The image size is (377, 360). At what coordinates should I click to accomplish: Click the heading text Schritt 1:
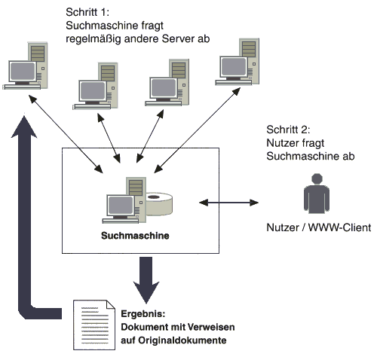[87, 12]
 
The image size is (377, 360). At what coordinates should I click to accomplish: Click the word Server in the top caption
[176, 38]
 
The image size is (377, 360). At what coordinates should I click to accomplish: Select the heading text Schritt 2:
[288, 130]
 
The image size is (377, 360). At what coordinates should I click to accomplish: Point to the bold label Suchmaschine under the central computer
[135, 236]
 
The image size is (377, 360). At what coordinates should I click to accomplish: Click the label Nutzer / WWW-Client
[318, 227]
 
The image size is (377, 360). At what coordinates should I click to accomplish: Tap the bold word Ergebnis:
[143, 314]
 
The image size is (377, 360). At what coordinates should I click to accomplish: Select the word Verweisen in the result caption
[211, 327]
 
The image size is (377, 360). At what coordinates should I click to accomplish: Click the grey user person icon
[317, 194]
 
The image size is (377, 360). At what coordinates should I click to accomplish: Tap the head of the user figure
[317, 178]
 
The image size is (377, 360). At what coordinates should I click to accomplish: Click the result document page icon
[94, 325]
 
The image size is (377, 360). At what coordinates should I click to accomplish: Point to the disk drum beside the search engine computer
[159, 204]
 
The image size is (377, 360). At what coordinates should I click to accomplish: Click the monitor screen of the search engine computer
[121, 205]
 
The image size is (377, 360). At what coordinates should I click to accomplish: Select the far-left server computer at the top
[25, 66]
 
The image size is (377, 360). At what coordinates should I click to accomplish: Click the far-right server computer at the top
[238, 62]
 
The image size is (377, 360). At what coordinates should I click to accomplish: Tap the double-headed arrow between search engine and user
[228, 203]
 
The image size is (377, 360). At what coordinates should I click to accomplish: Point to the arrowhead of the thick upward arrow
[24, 127]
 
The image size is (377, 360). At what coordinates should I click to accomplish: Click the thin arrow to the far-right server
[198, 130]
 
